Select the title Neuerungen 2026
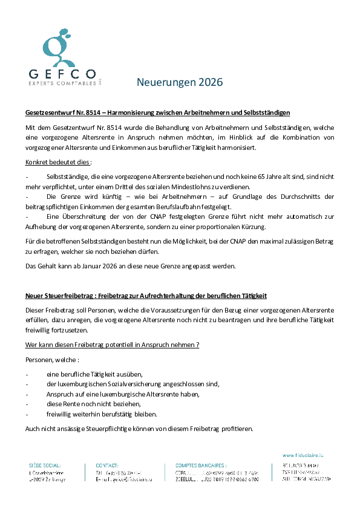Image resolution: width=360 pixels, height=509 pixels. [180, 82]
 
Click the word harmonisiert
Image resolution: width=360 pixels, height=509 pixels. [240, 148]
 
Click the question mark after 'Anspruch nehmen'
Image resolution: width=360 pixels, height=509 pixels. [197, 344]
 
